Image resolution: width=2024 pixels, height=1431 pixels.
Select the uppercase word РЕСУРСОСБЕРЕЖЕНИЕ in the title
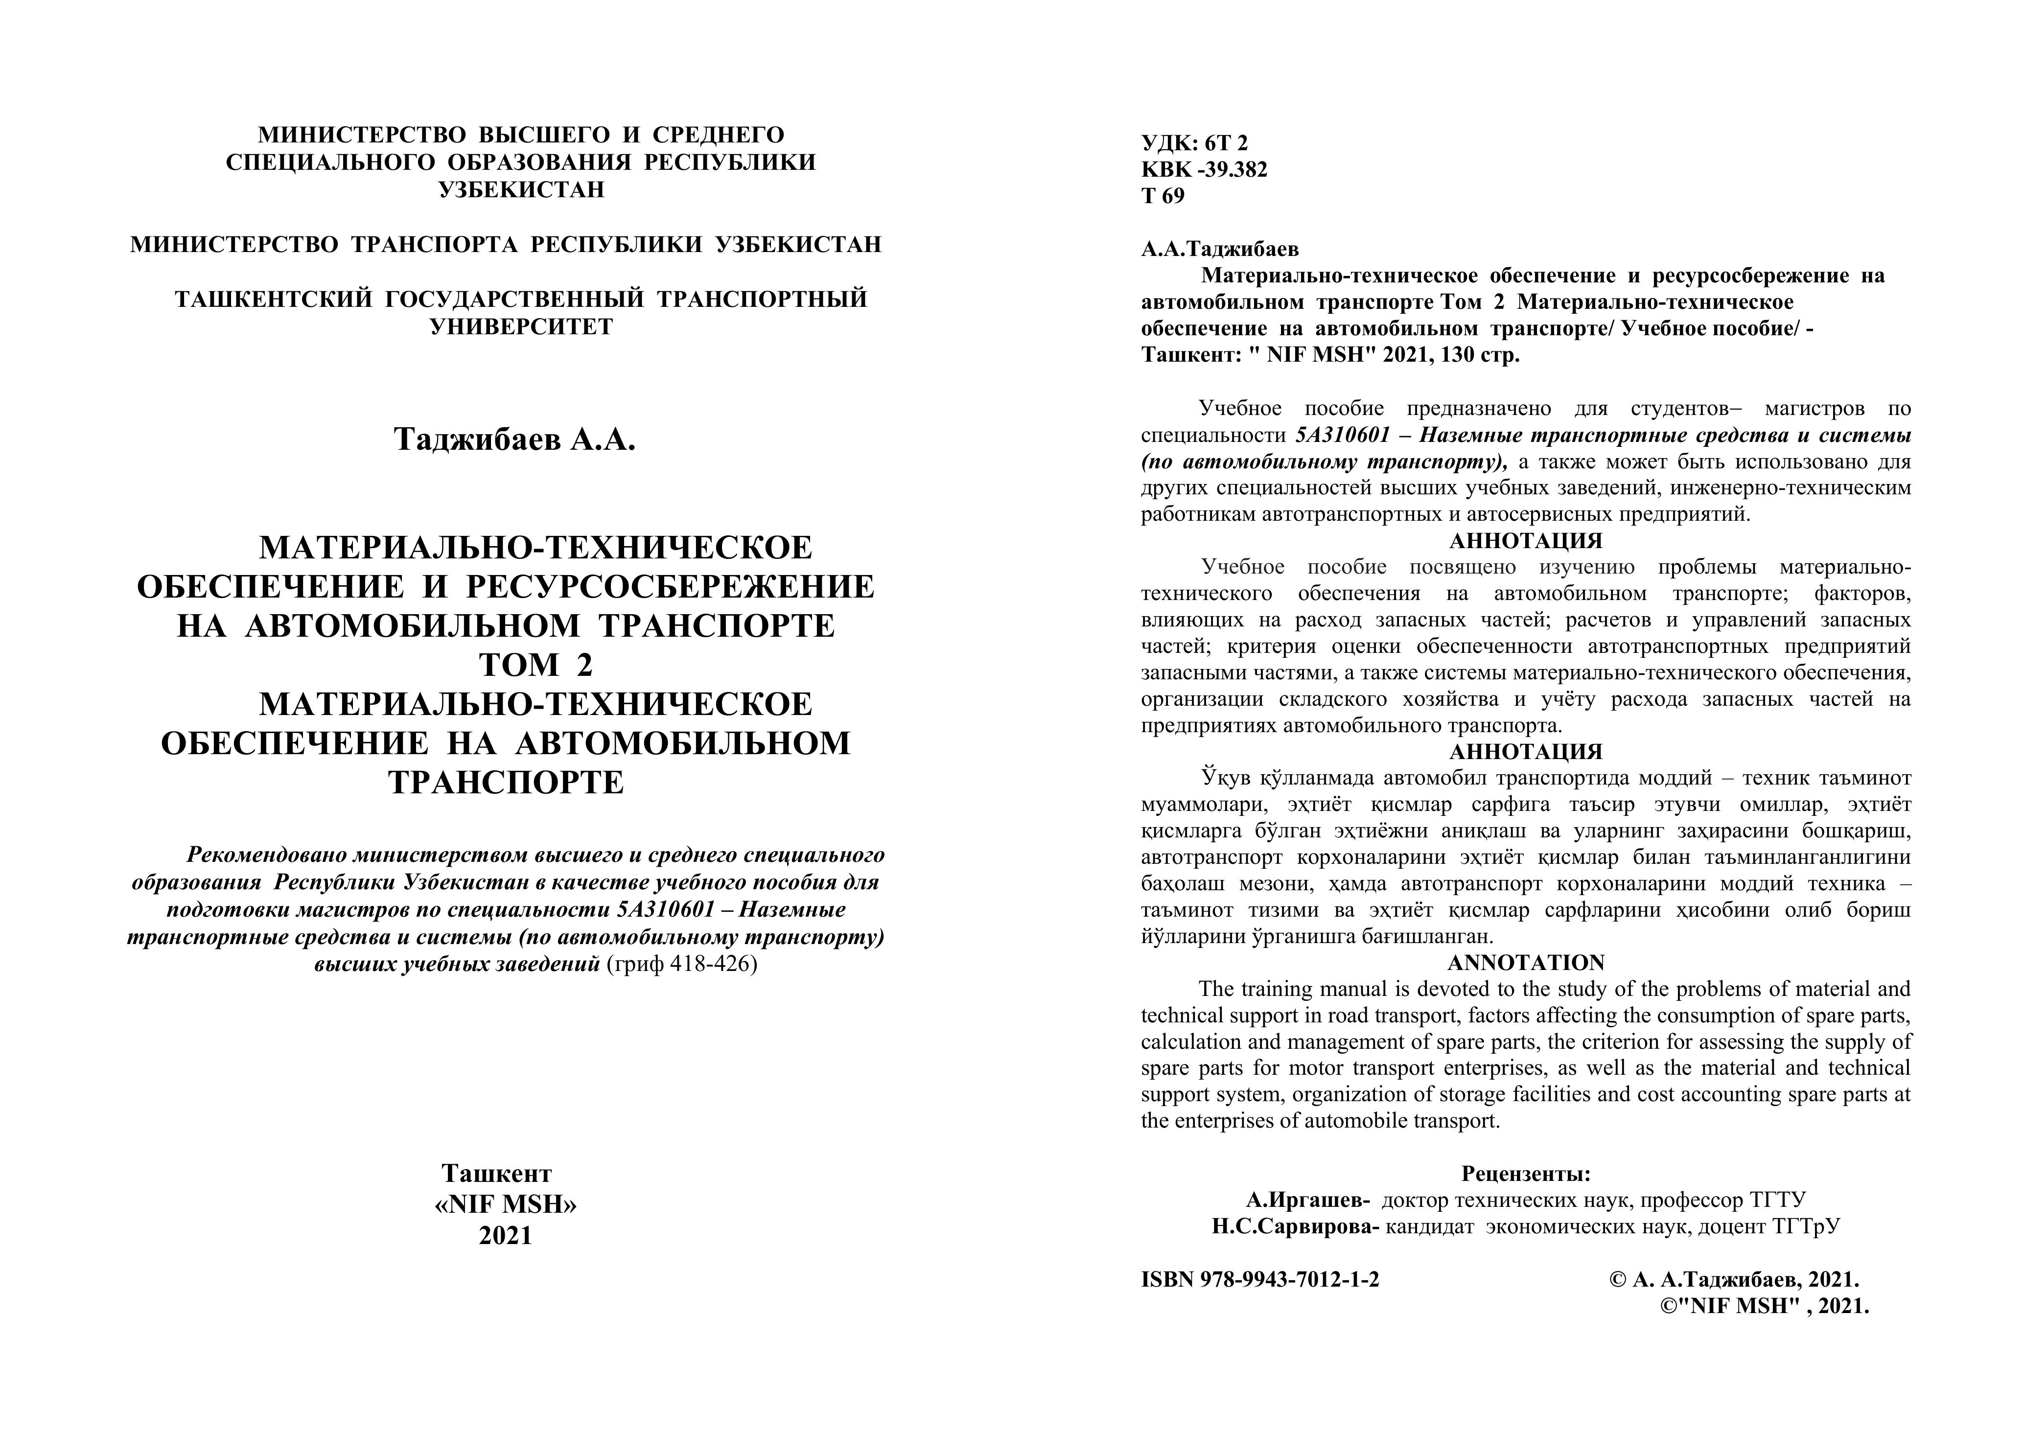click(670, 587)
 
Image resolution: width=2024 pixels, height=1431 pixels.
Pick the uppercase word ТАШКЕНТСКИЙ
click(272, 300)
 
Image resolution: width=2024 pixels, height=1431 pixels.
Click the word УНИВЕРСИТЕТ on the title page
click(520, 327)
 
